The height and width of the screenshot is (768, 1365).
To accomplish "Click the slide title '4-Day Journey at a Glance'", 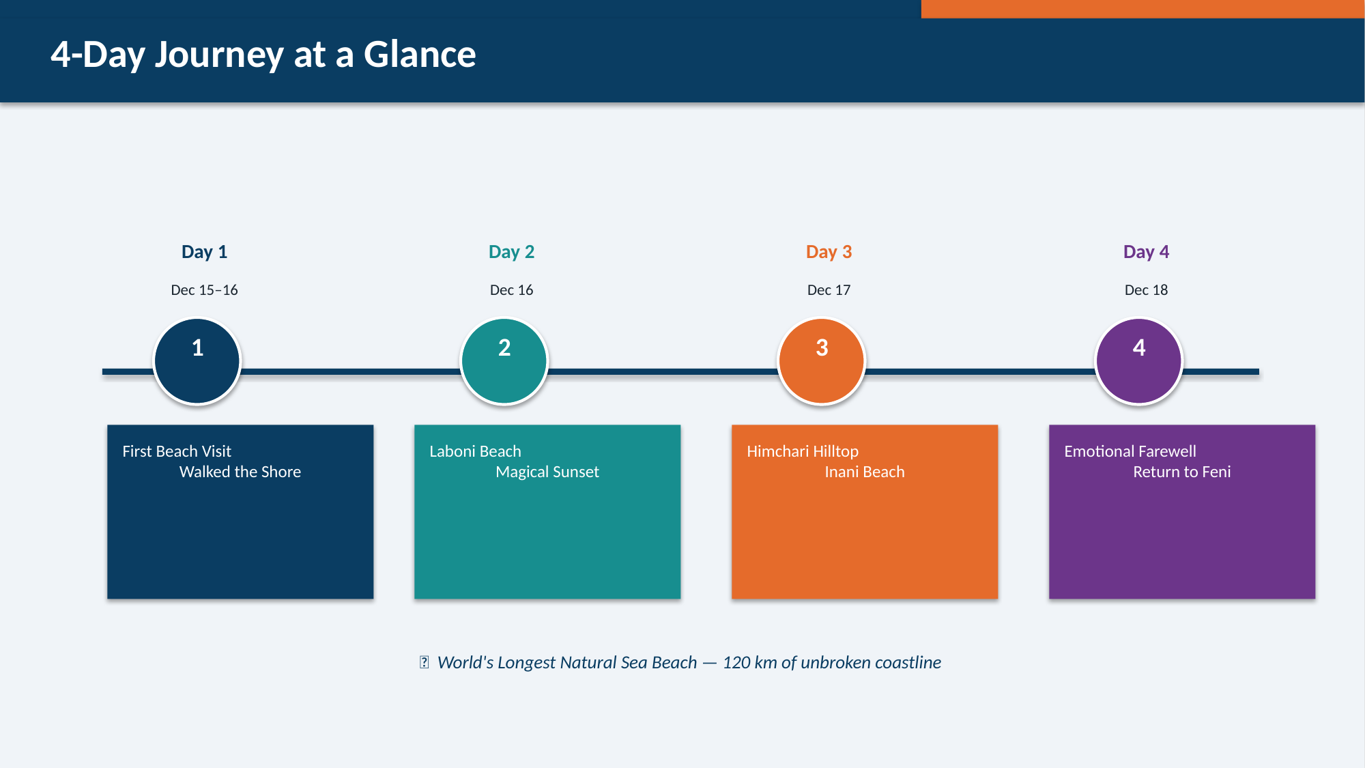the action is click(x=263, y=55).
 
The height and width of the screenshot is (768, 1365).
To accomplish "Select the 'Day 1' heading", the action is click(x=204, y=252).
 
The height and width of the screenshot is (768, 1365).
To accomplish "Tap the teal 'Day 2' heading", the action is click(x=511, y=252).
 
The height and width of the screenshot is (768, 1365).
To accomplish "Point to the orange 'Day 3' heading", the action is click(x=829, y=252).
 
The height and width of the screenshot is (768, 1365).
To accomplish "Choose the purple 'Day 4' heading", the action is click(x=1146, y=252).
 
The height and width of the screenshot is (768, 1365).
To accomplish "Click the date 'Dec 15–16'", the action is click(x=204, y=290).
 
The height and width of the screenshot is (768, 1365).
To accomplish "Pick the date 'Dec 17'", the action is click(x=829, y=290).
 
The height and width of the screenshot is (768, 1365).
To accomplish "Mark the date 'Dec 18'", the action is click(x=1146, y=290).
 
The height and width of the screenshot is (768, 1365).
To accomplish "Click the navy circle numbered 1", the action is click(x=197, y=361).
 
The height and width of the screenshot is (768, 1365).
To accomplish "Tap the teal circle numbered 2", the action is click(x=504, y=361).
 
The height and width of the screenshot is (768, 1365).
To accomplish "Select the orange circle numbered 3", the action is click(x=822, y=361).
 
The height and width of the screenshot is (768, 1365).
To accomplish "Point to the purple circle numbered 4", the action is click(x=1139, y=361).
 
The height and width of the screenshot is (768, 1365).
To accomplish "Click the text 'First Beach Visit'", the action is click(x=177, y=451).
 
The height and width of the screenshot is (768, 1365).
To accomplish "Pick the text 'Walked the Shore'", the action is click(x=240, y=472).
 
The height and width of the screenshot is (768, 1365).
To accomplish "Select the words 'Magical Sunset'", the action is click(x=547, y=472).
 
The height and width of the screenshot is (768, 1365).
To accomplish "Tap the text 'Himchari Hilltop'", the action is click(x=803, y=452).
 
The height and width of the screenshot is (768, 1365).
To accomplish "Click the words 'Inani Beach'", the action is click(x=865, y=472).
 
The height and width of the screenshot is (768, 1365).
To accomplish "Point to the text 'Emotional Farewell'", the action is click(x=1130, y=451).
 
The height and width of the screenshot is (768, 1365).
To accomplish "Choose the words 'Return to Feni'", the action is click(x=1182, y=472).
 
